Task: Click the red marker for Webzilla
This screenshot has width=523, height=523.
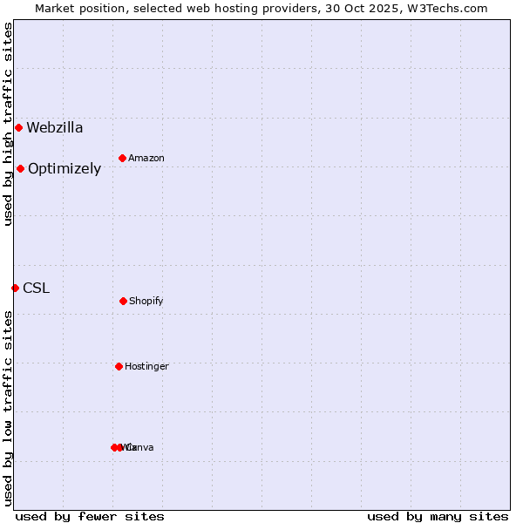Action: pyautogui.click(x=18, y=127)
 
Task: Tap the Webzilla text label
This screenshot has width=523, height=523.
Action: pyautogui.click(x=55, y=128)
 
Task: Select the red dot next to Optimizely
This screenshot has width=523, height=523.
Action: pyautogui.click(x=20, y=168)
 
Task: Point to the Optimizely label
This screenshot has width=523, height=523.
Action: pyautogui.click(x=65, y=169)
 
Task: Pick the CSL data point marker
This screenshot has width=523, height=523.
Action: pyautogui.click(x=15, y=288)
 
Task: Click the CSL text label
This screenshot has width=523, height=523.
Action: pyautogui.click(x=36, y=289)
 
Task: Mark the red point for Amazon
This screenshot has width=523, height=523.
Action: pyautogui.click(x=122, y=158)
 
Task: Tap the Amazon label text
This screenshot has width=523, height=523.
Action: pyautogui.click(x=146, y=159)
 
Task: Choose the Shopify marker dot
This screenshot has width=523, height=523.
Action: pyautogui.click(x=123, y=301)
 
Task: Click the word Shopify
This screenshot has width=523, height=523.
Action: pyautogui.click(x=146, y=302)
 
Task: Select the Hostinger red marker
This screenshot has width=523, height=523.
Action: pyautogui.click(x=119, y=366)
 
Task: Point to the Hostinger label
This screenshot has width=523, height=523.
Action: pyautogui.click(x=146, y=367)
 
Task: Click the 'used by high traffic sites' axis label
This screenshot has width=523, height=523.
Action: pyautogui.click(x=8, y=124)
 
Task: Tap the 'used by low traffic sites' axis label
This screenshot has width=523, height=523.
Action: pyautogui.click(x=8, y=408)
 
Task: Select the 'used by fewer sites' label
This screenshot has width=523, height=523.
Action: pyautogui.click(x=90, y=516)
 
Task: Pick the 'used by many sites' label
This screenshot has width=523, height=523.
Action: pyautogui.click(x=438, y=516)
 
